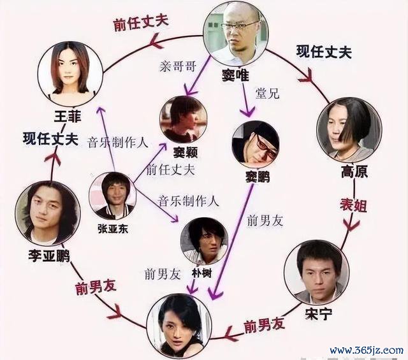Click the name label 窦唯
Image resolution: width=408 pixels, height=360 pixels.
[x=235, y=75]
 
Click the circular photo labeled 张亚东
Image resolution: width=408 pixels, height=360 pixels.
[x=113, y=196]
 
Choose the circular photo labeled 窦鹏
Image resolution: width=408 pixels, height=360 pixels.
[x=256, y=145]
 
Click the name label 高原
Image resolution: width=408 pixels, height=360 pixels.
[x=354, y=171]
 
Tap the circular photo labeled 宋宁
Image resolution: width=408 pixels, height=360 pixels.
[x=317, y=272]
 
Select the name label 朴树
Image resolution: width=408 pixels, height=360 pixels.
[x=201, y=273]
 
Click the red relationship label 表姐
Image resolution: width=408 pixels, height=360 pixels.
[x=353, y=206]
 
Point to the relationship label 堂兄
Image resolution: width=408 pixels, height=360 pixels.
[x=267, y=94]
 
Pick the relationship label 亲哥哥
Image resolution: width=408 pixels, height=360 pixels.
[x=178, y=67]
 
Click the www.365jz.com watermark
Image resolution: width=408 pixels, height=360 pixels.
[x=367, y=350]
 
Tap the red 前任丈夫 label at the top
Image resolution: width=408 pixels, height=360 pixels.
[x=142, y=24]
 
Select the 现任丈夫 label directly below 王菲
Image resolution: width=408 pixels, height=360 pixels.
[x=51, y=139]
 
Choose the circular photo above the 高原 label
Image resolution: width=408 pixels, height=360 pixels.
[x=349, y=129]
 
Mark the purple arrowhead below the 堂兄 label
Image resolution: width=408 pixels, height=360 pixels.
[x=247, y=112]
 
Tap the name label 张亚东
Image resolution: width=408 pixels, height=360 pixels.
[x=113, y=229]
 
